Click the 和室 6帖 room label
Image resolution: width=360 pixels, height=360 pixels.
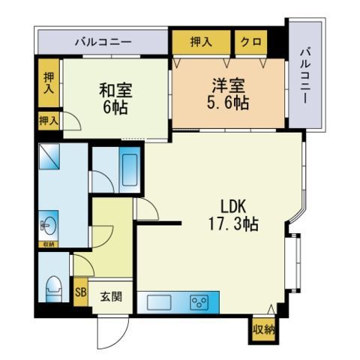point(115,98)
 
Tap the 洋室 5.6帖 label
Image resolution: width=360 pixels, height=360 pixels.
point(228,94)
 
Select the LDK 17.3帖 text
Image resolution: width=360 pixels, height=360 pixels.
point(233,215)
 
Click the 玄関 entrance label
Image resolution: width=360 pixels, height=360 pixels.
point(111,297)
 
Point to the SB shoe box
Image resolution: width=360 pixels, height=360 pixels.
point(81,292)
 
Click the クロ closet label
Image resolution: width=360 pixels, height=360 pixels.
point(251,42)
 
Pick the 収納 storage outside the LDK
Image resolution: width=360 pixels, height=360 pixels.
point(263,330)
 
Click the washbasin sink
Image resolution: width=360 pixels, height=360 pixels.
point(49,226)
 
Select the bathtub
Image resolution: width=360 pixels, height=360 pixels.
point(130,169)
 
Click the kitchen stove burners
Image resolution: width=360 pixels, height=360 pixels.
point(199,302)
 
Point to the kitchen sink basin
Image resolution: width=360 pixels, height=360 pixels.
point(159,302)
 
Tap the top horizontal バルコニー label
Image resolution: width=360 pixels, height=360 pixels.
point(103,42)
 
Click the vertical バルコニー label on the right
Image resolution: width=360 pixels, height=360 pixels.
point(305,76)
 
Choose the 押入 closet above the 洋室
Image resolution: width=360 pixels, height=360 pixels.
point(201,42)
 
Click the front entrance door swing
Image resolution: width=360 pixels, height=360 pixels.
point(113,332)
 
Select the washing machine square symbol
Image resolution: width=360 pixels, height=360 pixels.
point(49,156)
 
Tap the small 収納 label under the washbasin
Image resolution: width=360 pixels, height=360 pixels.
point(49,244)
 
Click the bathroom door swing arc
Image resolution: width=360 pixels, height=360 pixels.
point(103,182)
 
